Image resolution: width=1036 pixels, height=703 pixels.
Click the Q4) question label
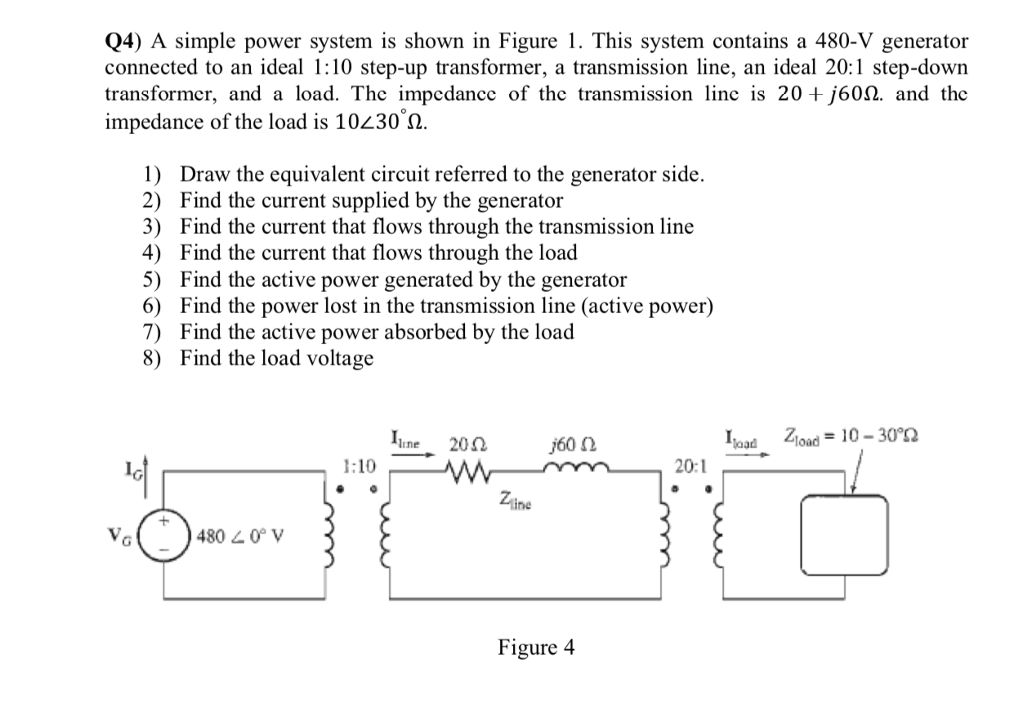pos(126,41)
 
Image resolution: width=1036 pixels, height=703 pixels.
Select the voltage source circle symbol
pos(164,536)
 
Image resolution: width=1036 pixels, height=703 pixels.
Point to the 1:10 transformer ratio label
pos(359,467)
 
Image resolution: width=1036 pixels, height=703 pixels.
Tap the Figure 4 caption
pos(536,648)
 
